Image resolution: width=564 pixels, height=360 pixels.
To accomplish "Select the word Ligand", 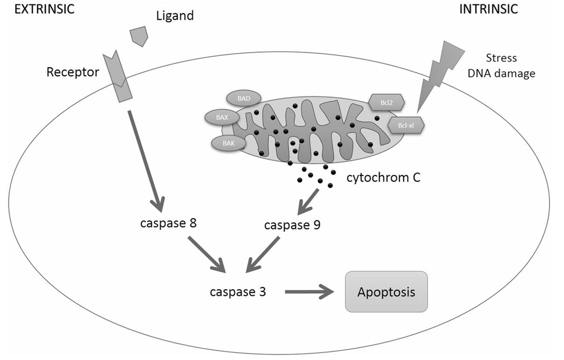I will tap(174, 16).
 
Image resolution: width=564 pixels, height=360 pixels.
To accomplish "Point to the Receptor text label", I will tap(73, 72).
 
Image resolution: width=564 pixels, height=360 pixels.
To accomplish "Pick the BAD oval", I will tap(244, 98).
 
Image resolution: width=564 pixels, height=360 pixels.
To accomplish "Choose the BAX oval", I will tap(222, 117).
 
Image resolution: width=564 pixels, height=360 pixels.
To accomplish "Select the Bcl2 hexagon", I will tap(386, 101).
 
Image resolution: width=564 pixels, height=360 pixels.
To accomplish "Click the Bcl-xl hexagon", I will tap(406, 125).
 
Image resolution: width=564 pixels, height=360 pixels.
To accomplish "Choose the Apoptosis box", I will tap(386, 292).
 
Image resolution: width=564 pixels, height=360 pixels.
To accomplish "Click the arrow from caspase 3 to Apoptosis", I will tap(310, 292).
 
